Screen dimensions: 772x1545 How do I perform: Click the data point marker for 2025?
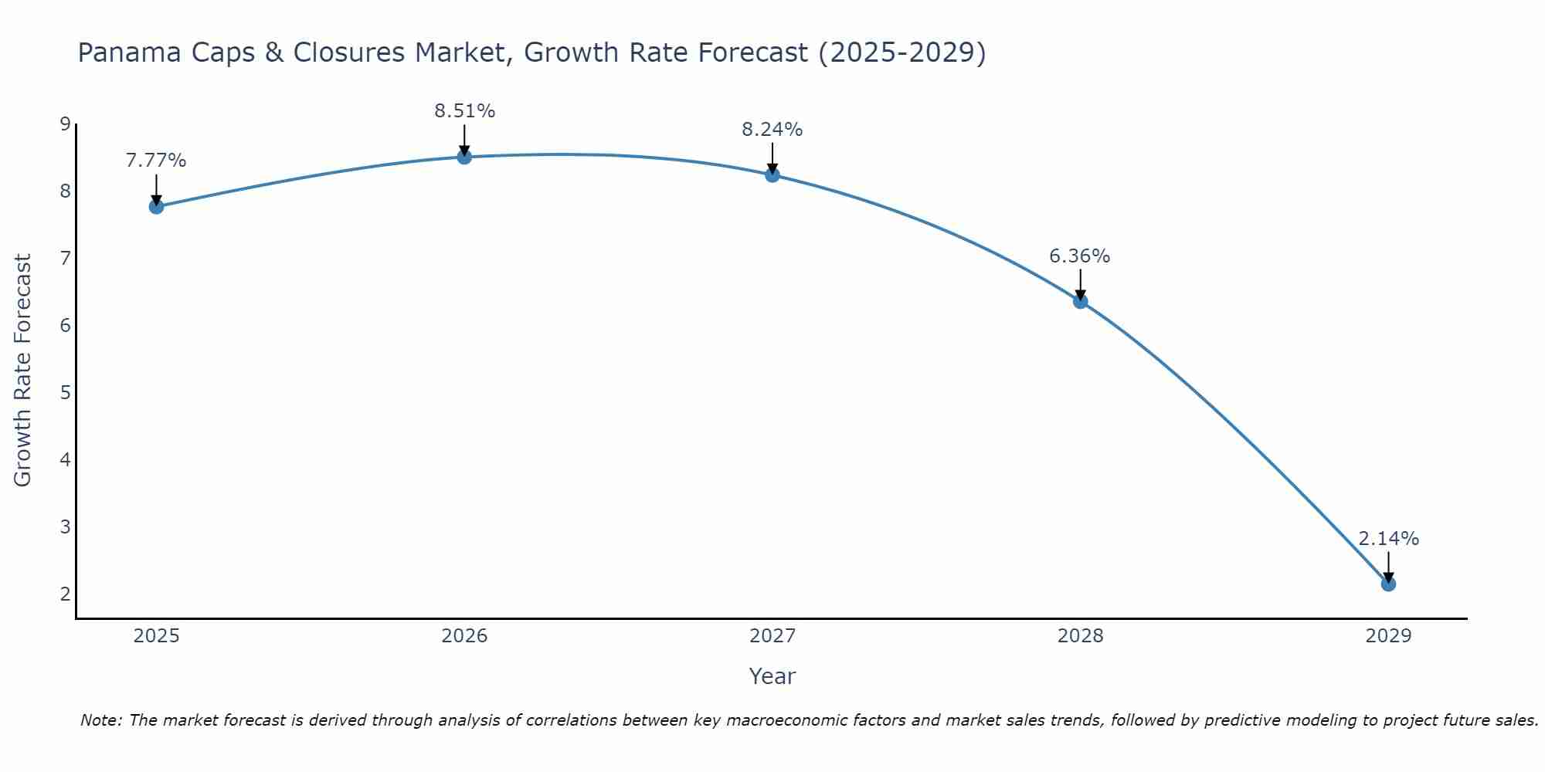(156, 206)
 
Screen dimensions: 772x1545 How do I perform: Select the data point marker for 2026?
(464, 157)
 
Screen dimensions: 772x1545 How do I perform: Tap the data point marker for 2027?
(772, 175)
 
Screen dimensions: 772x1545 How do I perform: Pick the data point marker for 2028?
(1080, 301)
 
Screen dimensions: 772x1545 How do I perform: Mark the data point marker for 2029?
(1388, 584)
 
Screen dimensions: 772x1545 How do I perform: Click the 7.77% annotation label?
(156, 161)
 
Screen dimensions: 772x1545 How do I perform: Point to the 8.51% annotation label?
(464, 111)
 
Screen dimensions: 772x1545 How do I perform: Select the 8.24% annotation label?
(772, 130)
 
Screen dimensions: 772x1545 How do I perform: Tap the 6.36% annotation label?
(1080, 256)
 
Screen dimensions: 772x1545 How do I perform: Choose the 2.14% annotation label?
(1388, 539)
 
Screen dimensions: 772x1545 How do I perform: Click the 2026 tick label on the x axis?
(464, 636)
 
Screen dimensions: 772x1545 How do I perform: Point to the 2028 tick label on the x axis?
(1080, 636)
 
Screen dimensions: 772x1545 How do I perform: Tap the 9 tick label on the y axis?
(65, 124)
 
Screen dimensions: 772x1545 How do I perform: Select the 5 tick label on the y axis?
(65, 392)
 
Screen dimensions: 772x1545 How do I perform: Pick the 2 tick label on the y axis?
(65, 594)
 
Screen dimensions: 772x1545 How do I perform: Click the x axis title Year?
(772, 676)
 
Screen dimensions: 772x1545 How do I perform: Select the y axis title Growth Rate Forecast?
(22, 371)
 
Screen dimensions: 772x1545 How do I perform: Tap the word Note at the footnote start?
(101, 720)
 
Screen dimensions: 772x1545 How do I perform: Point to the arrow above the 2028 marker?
(1080, 283)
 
